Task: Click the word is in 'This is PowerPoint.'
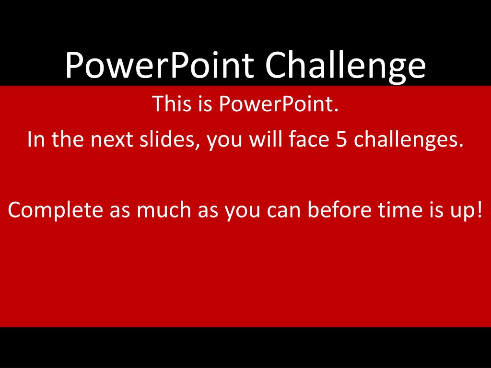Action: point(205,103)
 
